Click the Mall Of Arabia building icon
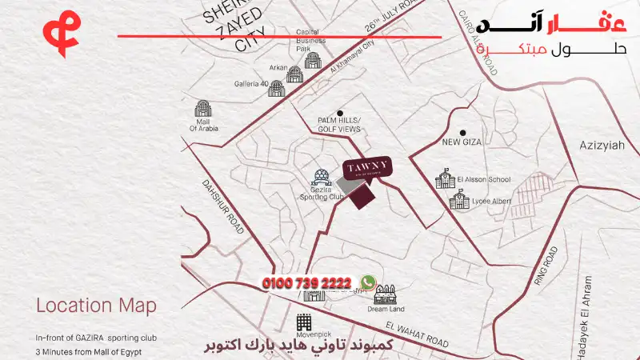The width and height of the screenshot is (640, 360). [x=203, y=109]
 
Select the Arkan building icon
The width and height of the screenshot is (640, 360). [x=295, y=74]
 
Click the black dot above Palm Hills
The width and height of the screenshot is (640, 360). [x=340, y=114]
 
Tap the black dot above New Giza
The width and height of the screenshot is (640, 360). [x=462, y=132]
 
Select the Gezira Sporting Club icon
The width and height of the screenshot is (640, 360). [x=322, y=176]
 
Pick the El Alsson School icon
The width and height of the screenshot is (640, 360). [x=443, y=178]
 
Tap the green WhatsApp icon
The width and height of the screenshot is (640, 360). [x=367, y=282]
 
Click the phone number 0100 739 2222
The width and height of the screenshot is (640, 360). [x=307, y=283]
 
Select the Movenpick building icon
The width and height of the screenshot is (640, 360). [x=305, y=322]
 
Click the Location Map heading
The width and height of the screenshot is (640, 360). [x=96, y=306]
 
